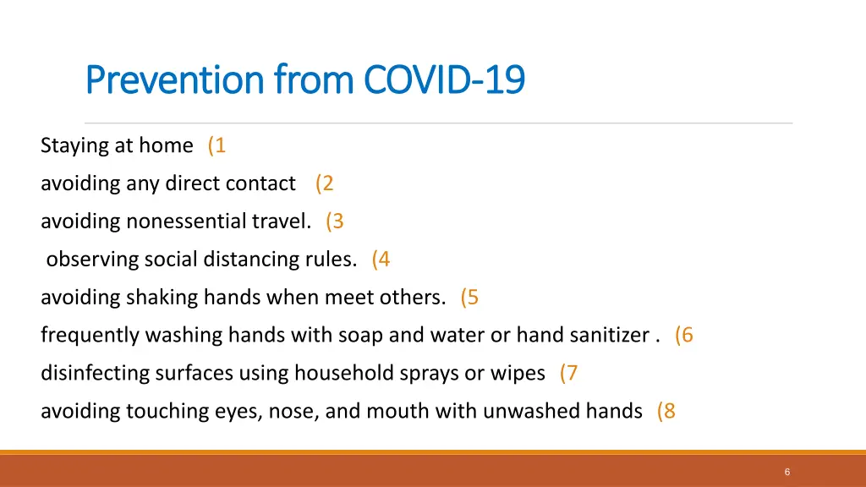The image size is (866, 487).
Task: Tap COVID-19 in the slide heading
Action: tap(444, 80)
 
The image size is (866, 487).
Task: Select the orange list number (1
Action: tap(216, 145)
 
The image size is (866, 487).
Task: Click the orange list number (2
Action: tap(325, 183)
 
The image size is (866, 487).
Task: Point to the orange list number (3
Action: tap(335, 222)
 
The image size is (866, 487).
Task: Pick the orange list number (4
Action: tap(381, 260)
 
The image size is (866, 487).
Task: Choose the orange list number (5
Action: tap(470, 298)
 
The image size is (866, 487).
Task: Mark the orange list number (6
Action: tap(684, 336)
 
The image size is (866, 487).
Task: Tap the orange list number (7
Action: tap(569, 373)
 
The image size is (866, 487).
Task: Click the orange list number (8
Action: tap(666, 411)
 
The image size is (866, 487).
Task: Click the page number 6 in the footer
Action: tap(787, 473)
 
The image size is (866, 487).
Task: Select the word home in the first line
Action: tap(166, 145)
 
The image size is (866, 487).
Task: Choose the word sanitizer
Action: tap(607, 336)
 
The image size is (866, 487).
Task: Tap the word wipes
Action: tap(518, 373)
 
